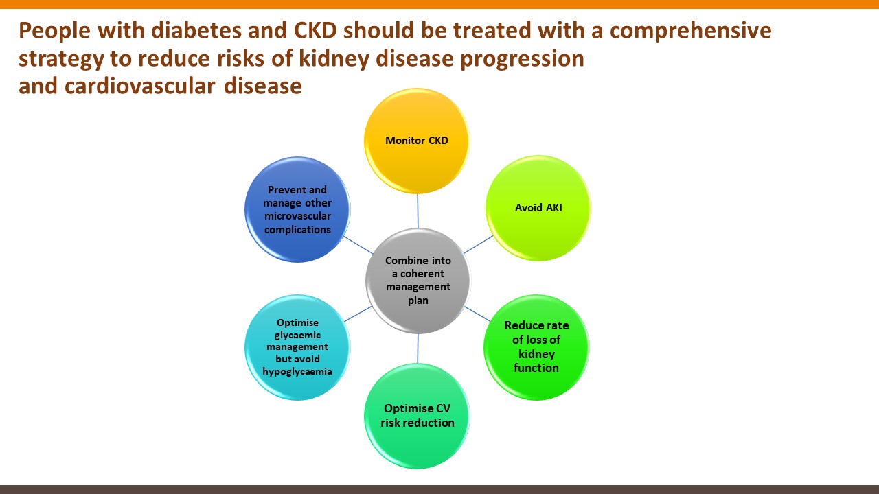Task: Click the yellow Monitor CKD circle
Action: [x=417, y=141]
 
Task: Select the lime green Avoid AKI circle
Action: [x=538, y=208]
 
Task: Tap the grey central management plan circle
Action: [x=418, y=281]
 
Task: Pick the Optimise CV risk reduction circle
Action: [x=417, y=416]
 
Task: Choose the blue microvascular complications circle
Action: [x=297, y=209]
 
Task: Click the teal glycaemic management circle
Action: [x=297, y=347]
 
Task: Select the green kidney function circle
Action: [x=536, y=347]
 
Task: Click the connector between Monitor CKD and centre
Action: [x=418, y=211]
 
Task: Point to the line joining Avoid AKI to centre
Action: [x=479, y=244]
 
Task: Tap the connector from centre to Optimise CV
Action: [x=418, y=349]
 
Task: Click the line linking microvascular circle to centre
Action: [x=358, y=245]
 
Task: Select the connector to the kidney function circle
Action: [x=477, y=314]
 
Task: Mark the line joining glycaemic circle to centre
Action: [x=358, y=314]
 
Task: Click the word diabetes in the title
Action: [x=196, y=30]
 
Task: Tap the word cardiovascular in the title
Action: [x=139, y=86]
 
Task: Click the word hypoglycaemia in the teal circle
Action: [x=297, y=372]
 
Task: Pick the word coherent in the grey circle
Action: [x=422, y=274]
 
